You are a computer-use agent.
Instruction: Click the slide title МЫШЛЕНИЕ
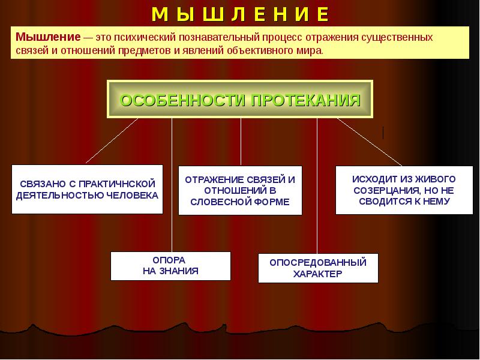click(240, 13)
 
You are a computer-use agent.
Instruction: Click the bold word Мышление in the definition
click(43, 37)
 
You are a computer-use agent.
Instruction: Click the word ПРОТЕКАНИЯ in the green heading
click(305, 100)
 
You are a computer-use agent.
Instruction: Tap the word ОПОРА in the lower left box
click(170, 260)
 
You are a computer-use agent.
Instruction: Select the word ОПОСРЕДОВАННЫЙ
click(317, 262)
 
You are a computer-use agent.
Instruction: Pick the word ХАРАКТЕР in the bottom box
click(317, 274)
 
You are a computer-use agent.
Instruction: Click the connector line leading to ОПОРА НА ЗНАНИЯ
click(172, 186)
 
